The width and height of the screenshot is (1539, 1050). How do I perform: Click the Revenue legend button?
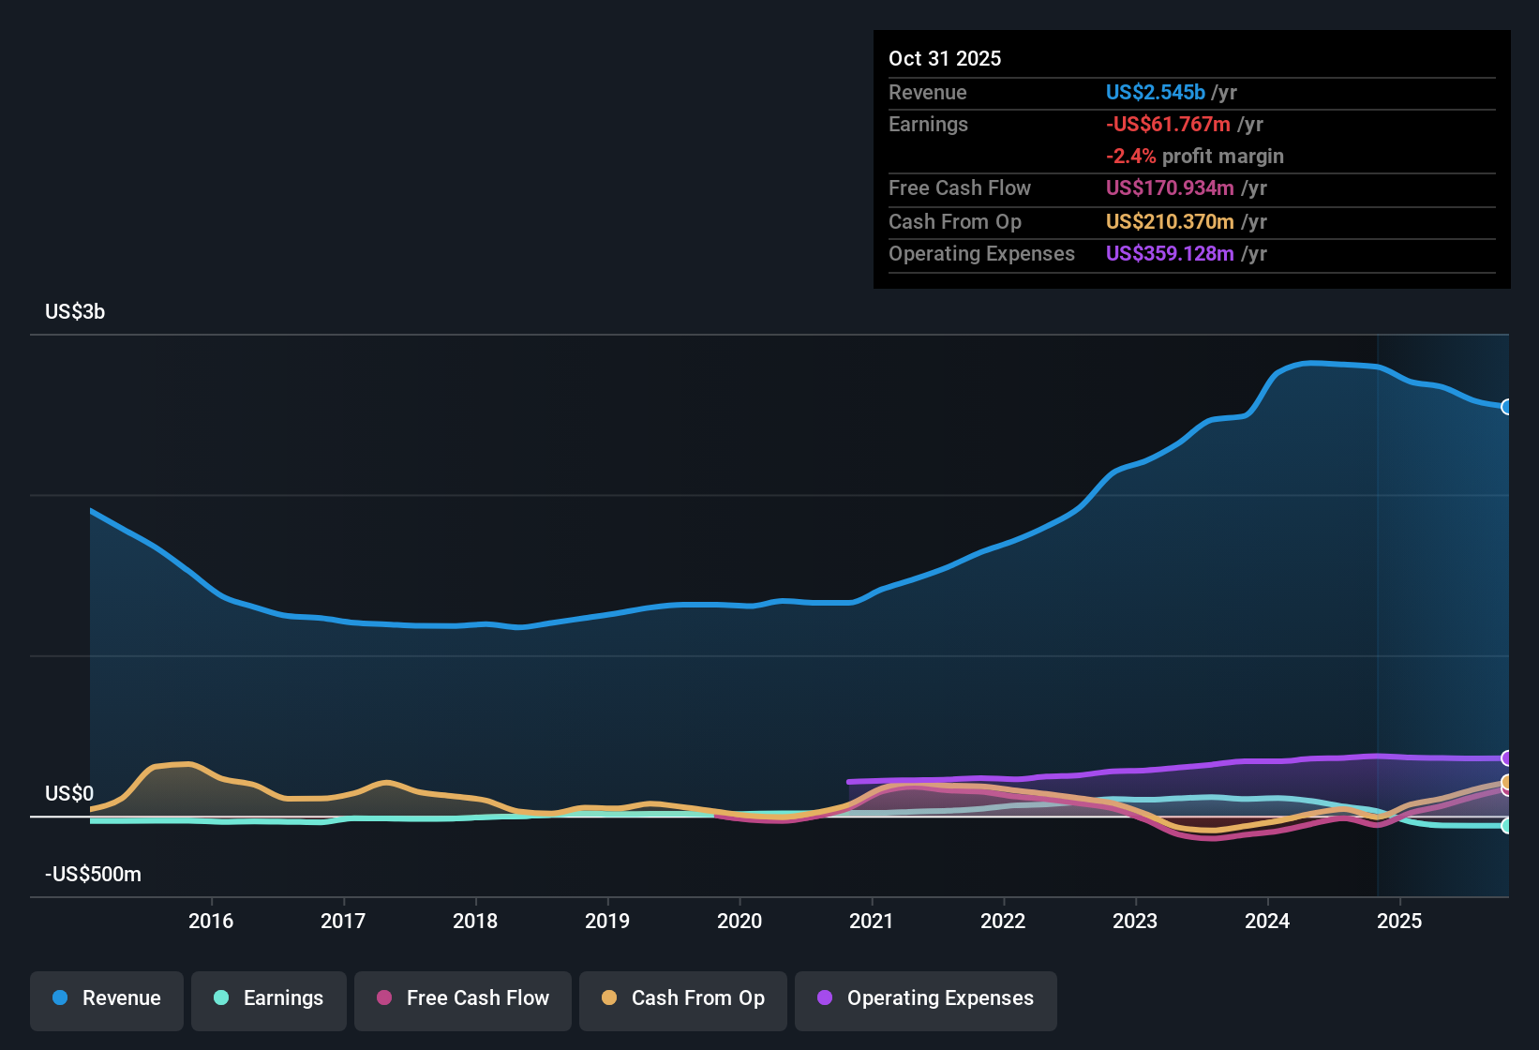click(107, 998)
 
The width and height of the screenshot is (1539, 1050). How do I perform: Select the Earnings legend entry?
click(269, 998)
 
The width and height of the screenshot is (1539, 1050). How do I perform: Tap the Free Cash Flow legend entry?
click(463, 998)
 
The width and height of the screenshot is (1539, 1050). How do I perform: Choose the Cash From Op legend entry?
click(683, 998)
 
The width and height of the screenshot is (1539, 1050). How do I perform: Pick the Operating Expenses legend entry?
click(926, 998)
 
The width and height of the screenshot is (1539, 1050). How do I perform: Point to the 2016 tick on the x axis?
click(211, 921)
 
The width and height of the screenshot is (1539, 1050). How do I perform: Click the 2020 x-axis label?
click(740, 921)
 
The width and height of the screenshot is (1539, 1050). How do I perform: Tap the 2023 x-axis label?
click(1135, 921)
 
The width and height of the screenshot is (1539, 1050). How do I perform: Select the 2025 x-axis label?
click(1399, 921)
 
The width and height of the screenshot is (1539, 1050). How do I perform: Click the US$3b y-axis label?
click(75, 312)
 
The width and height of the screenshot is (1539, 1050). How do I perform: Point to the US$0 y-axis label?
click(69, 794)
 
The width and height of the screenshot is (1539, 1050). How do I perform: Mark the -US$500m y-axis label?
click(93, 875)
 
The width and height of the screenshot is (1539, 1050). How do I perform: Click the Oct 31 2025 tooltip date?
click(945, 59)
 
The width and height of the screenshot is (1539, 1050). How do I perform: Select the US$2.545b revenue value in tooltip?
click(1155, 93)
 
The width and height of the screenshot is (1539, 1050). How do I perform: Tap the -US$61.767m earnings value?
click(1168, 125)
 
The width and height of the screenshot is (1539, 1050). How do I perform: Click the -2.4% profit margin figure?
click(1130, 157)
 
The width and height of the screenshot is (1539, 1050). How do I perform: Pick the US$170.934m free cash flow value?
click(1170, 188)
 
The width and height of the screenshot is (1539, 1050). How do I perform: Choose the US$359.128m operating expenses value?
click(1170, 254)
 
